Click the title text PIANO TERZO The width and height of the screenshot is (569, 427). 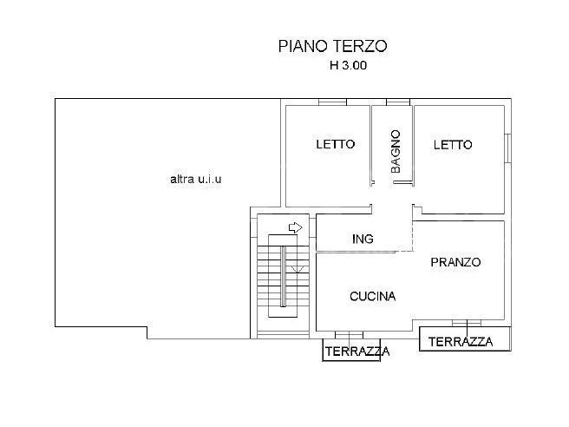coord(333,46)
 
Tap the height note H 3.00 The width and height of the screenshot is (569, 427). coord(348,65)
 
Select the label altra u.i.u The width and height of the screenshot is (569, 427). coord(196,179)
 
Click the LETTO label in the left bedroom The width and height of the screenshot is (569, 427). coord(336,144)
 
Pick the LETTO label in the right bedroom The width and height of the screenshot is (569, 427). coord(453,145)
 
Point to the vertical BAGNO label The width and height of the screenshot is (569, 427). coord(396,152)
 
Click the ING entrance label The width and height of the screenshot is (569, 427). coord(363,239)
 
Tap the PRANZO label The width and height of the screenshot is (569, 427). coord(455,262)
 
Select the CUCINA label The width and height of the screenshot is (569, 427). coord(373,296)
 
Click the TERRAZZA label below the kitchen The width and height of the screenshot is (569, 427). coord(357,351)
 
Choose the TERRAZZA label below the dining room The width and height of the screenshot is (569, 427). coord(461,342)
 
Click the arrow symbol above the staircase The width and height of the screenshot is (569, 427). coord(296,227)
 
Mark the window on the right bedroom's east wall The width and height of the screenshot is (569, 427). coord(508,148)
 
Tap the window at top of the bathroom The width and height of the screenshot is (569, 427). coord(398,102)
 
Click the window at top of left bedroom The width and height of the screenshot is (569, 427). coord(332,102)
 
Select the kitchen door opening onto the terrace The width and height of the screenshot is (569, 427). coord(349,335)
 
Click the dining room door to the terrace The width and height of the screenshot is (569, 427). coord(467,323)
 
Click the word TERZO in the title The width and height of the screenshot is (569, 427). coord(360,46)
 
